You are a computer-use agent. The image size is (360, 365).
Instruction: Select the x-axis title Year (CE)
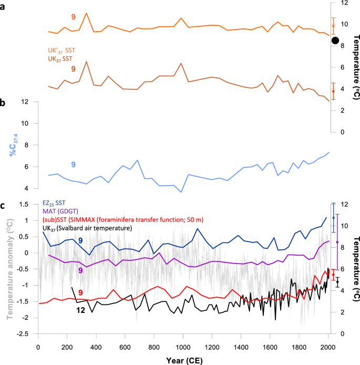tap(183, 360)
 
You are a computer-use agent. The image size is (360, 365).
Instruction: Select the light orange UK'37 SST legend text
tap(61, 50)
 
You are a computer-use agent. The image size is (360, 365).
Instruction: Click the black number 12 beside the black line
tap(81, 311)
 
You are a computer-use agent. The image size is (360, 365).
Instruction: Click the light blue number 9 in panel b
tap(73, 165)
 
